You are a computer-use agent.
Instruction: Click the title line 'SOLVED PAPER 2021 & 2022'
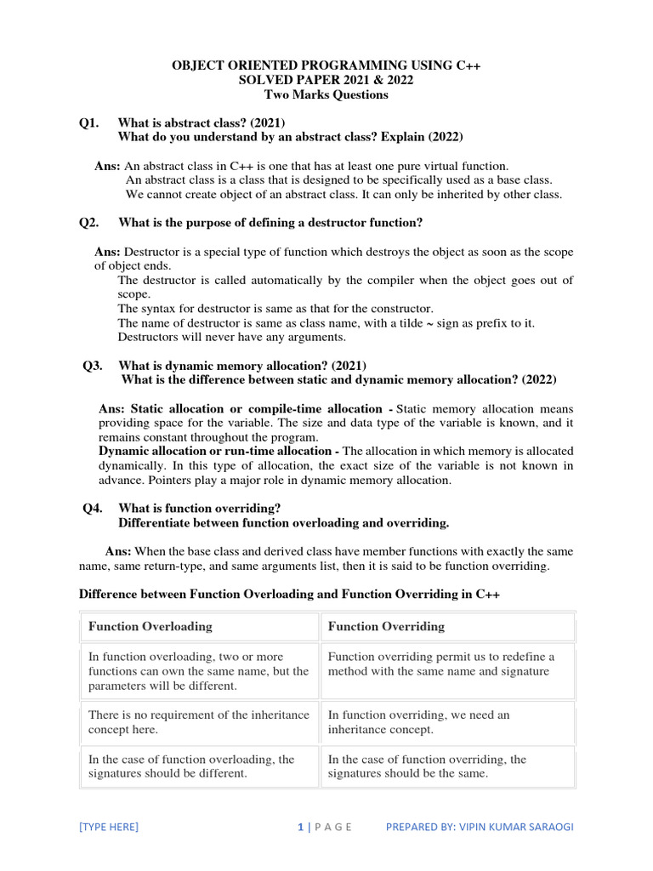pos(326,80)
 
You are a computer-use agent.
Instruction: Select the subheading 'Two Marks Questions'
pos(326,94)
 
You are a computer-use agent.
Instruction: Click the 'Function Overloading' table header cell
pos(150,627)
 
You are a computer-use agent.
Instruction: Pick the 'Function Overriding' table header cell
pos(386,627)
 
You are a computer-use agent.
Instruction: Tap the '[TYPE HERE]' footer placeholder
pos(108,827)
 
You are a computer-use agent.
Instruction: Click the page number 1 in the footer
pos(300,827)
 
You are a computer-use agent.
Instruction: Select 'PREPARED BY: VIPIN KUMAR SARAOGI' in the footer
pos(479,827)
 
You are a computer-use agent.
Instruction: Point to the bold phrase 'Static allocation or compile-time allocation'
pos(241,409)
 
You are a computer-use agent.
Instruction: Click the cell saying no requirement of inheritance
pos(198,722)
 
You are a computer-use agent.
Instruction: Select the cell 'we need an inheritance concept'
pos(418,722)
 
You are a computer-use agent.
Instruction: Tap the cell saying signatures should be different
pos(191,766)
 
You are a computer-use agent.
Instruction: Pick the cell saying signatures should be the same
pos(427,766)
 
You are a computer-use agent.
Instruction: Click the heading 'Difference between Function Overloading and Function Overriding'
pos(289,595)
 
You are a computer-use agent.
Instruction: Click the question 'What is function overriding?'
pos(199,508)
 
